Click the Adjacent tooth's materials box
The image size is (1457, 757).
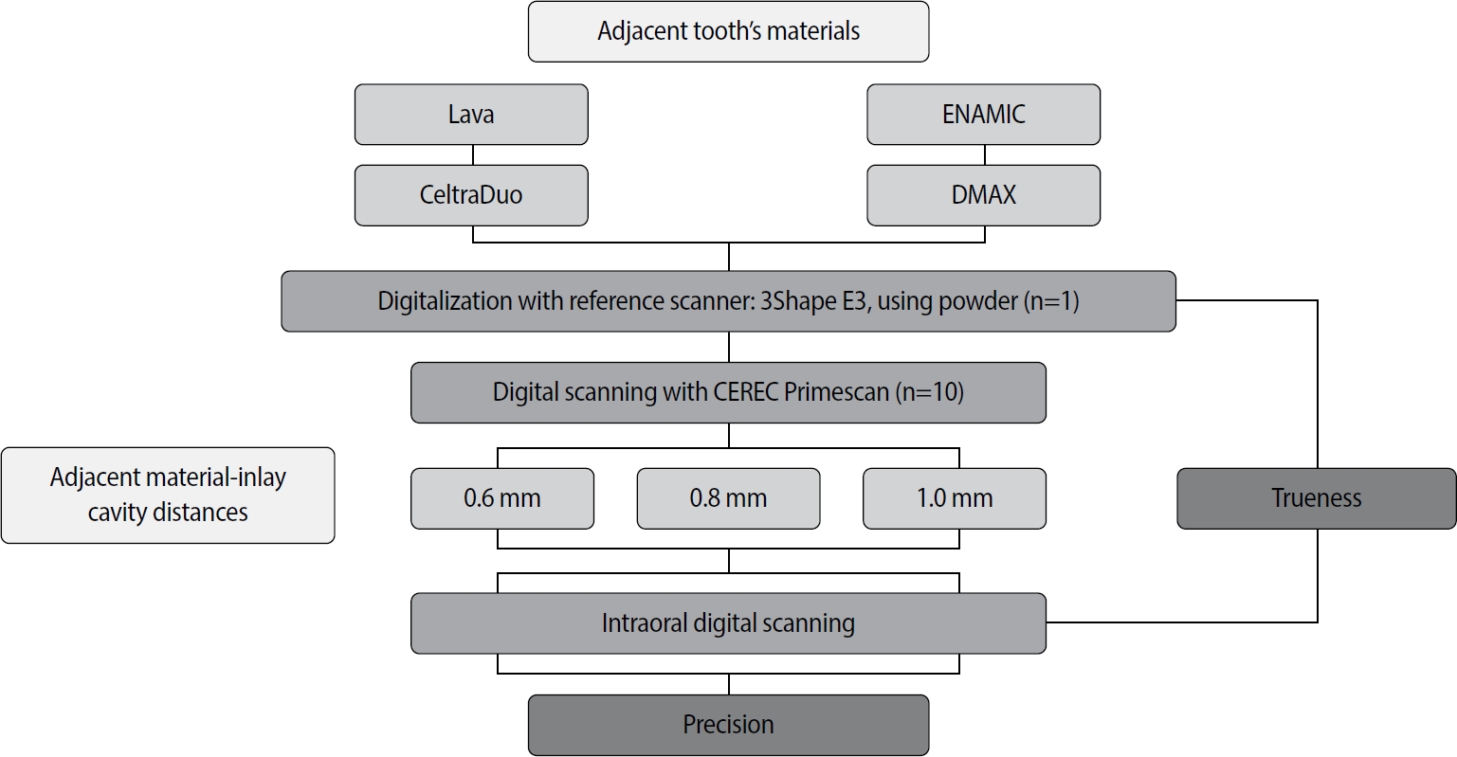(x=728, y=31)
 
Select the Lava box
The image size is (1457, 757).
(x=471, y=115)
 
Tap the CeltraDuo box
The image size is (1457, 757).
(x=471, y=195)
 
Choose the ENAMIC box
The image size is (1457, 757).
(x=983, y=115)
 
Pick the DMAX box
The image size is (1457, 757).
(x=983, y=195)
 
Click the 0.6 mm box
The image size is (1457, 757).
(x=501, y=498)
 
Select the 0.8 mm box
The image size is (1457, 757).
(x=728, y=498)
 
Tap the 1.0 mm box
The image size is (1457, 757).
(x=954, y=498)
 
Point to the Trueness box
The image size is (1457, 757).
(x=1316, y=498)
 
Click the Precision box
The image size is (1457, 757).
(x=728, y=725)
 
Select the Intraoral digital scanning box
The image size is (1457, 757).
(x=728, y=623)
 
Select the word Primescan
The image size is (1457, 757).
(x=837, y=392)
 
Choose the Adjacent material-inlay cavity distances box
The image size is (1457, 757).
(x=168, y=495)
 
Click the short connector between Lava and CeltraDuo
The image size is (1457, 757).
(x=472, y=154)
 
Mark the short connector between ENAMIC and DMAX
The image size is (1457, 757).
(x=984, y=154)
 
